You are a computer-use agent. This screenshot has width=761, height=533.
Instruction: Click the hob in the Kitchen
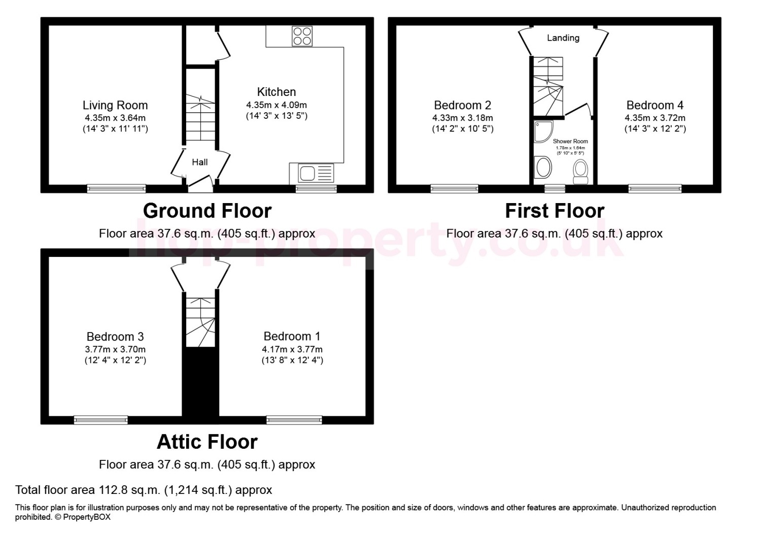click(x=302, y=37)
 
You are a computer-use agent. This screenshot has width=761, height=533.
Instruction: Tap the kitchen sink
click(x=316, y=173)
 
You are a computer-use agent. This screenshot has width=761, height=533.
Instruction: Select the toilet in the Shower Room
click(x=580, y=172)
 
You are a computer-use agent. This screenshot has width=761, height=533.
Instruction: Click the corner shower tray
click(x=543, y=131)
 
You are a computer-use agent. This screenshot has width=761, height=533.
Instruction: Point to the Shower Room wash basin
click(x=542, y=167)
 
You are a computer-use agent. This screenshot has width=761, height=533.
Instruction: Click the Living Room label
click(x=115, y=106)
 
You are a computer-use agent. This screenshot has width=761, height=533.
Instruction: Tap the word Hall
click(x=200, y=162)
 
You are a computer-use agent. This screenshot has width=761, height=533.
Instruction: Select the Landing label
click(x=563, y=38)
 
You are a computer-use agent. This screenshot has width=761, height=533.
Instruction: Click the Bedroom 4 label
click(x=655, y=105)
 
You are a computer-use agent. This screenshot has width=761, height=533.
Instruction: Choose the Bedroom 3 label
click(x=115, y=337)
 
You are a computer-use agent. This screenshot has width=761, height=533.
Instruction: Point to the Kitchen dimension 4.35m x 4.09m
click(x=276, y=105)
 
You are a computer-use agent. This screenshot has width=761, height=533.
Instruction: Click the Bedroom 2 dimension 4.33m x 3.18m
click(x=463, y=118)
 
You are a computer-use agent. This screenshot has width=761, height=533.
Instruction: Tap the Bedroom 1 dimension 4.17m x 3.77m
click(x=292, y=349)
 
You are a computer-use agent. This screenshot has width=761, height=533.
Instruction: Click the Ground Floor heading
click(x=207, y=211)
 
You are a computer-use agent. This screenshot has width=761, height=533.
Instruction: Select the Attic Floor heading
click(x=207, y=442)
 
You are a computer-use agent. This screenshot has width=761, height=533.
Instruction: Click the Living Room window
click(x=117, y=189)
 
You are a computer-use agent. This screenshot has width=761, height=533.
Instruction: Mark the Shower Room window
click(x=555, y=189)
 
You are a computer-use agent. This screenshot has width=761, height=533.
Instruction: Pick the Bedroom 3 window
click(x=101, y=420)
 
